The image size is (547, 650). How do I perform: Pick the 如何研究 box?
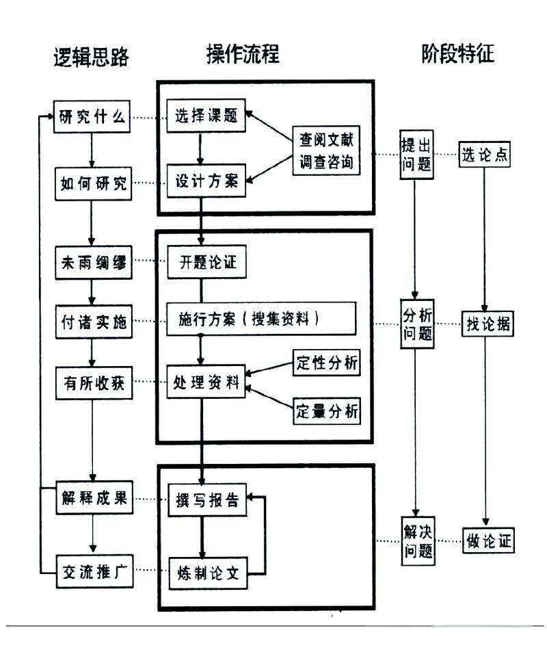tap(92, 183)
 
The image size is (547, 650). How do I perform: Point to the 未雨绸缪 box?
tap(92, 263)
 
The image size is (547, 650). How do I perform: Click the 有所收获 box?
tap(92, 385)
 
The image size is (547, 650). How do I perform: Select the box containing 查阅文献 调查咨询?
tap(326, 151)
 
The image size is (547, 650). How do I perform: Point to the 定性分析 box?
tap(326, 363)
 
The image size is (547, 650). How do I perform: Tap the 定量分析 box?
tap(326, 412)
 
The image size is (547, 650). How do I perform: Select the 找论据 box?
tap(488, 322)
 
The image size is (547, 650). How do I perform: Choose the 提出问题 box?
tap(416, 154)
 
